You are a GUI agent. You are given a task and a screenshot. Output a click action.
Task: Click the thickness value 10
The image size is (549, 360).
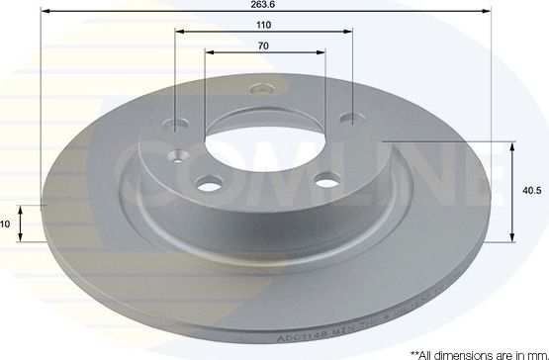coord(5,225)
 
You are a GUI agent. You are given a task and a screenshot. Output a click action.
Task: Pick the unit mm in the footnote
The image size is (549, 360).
coord(535,352)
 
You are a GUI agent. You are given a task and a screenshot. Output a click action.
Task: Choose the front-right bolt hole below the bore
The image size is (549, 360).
coord(324,180)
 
